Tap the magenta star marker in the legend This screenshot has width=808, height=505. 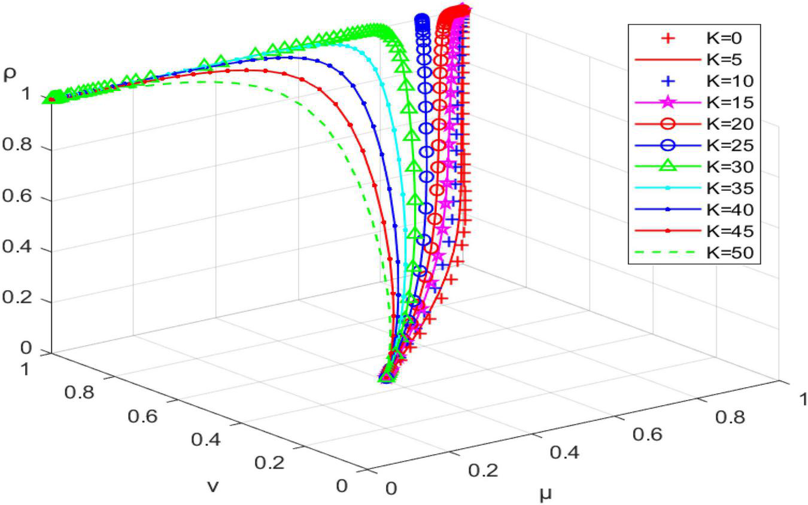point(670,102)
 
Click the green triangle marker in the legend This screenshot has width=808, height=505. point(670,167)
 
